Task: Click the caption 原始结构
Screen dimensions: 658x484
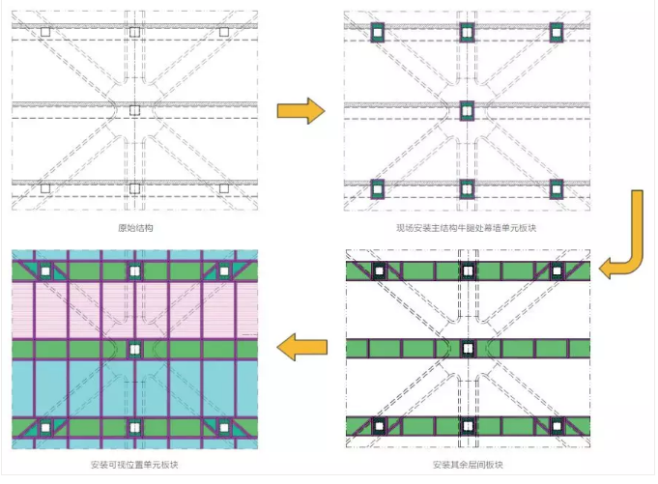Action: tap(135, 228)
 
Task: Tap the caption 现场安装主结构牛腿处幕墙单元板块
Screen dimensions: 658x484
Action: tap(467, 228)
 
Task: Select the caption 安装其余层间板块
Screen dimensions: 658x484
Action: tap(468, 465)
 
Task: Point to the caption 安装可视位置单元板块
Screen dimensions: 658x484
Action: tap(134, 465)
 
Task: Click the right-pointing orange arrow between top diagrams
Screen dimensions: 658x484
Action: tap(300, 111)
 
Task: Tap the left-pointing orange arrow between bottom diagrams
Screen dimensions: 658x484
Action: tap(302, 347)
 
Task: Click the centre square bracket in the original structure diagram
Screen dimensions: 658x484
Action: tap(134, 110)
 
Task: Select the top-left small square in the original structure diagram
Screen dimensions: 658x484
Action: tap(45, 32)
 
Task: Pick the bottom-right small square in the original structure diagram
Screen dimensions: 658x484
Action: tap(224, 188)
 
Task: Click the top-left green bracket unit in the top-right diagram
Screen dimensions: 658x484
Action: tap(378, 32)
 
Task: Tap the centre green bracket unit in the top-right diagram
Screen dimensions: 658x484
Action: tap(467, 111)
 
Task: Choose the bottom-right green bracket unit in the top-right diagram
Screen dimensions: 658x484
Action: tap(557, 189)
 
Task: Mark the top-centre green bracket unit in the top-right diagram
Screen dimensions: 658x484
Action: tap(467, 32)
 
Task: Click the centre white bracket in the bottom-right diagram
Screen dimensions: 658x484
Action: tap(468, 349)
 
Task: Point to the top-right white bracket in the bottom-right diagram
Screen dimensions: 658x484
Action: tap(557, 270)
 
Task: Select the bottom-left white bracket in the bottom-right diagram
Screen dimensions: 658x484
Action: tap(380, 427)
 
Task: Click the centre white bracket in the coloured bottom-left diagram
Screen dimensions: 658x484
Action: tap(134, 349)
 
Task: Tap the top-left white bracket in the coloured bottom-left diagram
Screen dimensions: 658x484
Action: tap(45, 271)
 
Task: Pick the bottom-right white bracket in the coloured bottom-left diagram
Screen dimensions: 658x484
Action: tap(224, 428)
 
